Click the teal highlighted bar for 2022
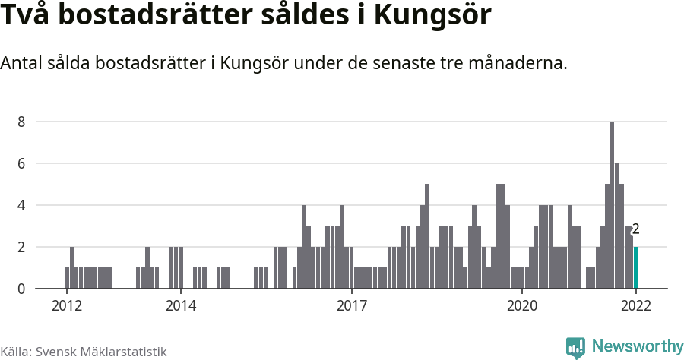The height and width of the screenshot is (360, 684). point(636,268)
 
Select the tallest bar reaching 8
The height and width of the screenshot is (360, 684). point(612,205)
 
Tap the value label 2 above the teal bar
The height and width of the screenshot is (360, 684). point(636,229)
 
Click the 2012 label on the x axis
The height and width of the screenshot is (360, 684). point(66,306)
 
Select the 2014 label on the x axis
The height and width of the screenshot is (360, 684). point(180,306)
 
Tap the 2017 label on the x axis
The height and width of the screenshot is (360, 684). point(351,306)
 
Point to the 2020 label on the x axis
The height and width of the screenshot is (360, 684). point(522,306)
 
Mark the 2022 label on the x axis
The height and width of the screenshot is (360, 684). point(636,306)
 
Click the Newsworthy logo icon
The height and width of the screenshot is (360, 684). point(575,348)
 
